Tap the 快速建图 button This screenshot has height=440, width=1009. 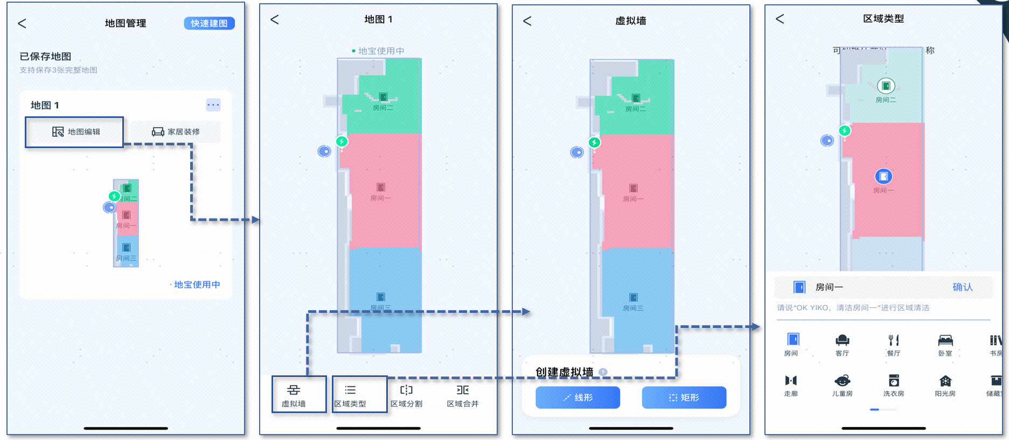tap(209, 23)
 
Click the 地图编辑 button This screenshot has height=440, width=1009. tap(75, 132)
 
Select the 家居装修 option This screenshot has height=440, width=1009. tap(176, 132)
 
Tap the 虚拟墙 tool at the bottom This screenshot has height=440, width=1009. tap(294, 395)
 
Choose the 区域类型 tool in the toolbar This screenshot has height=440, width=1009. tap(350, 395)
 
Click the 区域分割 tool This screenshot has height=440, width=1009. tap(406, 395)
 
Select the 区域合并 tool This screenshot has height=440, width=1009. tap(463, 395)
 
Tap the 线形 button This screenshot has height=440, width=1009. tap(577, 397)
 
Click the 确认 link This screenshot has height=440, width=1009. tap(962, 287)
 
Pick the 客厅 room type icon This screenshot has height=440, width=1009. tap(842, 344)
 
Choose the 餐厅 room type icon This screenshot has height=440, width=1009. tap(894, 344)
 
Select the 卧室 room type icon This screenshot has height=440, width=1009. tap(945, 344)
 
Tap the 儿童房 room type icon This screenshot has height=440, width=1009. tap(842, 385)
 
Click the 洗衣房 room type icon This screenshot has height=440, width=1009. tap(894, 385)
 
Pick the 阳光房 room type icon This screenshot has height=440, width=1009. tap(945, 385)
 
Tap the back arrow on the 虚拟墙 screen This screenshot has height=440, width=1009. tap(527, 21)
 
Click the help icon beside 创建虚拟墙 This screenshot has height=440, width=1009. tap(603, 372)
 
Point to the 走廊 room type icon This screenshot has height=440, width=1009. tap(791, 385)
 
